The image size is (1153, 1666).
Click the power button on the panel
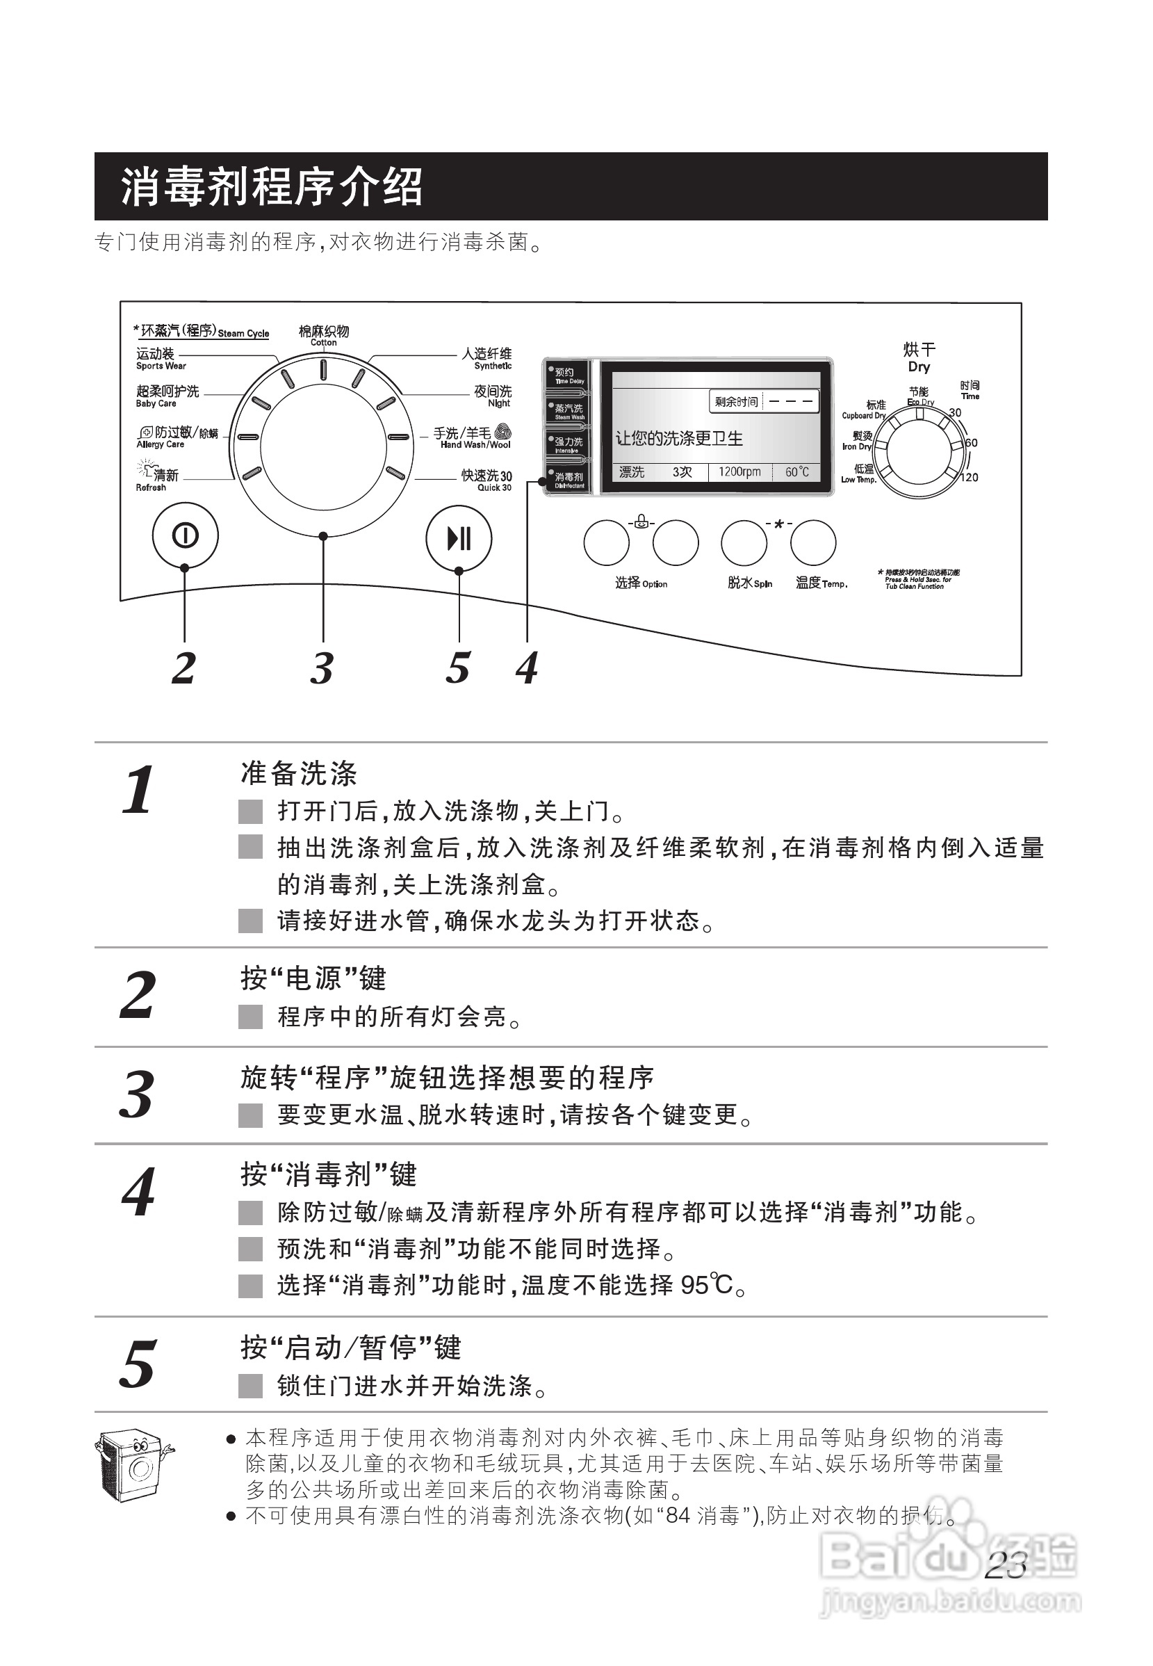[x=185, y=535]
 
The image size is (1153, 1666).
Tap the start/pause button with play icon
[x=459, y=538]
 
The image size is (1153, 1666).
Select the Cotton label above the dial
[x=324, y=335]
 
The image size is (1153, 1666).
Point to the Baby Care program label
[x=167, y=396]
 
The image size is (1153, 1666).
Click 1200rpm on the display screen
[x=739, y=472]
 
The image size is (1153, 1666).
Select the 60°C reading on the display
[x=797, y=472]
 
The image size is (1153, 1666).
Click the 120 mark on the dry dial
[x=969, y=478]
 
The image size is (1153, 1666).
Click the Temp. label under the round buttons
[x=821, y=583]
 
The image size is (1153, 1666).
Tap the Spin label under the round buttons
[x=750, y=583]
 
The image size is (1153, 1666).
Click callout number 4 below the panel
[x=527, y=667]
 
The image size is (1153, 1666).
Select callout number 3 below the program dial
[x=322, y=667]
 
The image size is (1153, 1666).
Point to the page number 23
[x=1005, y=1567]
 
